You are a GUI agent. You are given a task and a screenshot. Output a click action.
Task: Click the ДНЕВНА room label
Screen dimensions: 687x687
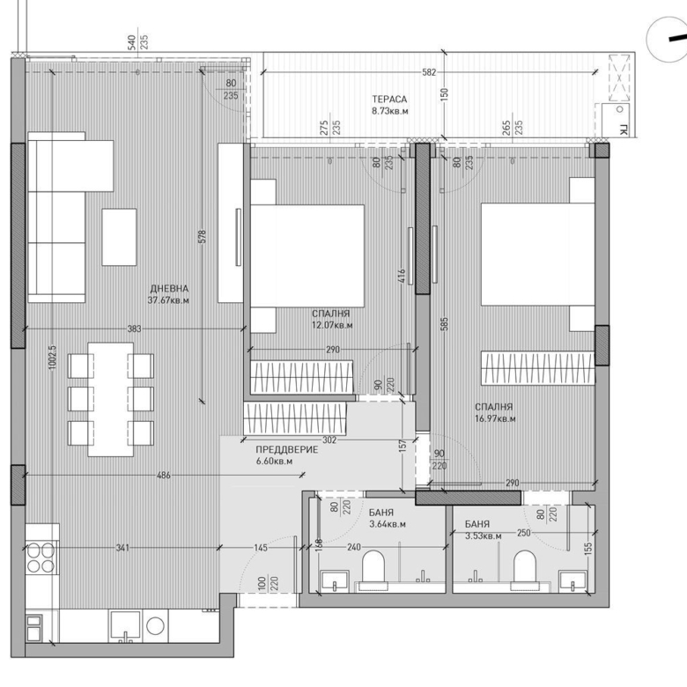pyautogui.click(x=169, y=289)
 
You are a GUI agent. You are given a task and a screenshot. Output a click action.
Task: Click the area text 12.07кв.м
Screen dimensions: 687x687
pyautogui.click(x=331, y=324)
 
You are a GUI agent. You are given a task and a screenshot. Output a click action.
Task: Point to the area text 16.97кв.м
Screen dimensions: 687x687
pyautogui.click(x=495, y=418)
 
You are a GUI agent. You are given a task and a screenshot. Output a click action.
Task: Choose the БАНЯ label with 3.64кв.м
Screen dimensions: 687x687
pyautogui.click(x=382, y=513)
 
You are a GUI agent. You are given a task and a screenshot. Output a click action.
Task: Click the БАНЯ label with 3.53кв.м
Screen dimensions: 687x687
pyautogui.click(x=483, y=523)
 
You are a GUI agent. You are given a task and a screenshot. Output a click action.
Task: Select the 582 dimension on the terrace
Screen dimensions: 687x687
pyautogui.click(x=428, y=72)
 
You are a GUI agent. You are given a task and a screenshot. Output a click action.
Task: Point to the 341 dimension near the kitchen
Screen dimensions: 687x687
pyautogui.click(x=122, y=548)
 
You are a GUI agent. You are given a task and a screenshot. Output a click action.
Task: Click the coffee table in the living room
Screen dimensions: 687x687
pyautogui.click(x=119, y=236)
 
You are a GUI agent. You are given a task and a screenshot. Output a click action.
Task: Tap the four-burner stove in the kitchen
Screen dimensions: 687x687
pyautogui.click(x=41, y=556)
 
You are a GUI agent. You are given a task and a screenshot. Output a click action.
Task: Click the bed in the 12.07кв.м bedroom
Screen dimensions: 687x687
pyautogui.click(x=307, y=255)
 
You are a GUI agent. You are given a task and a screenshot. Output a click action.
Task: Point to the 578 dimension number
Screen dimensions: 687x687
pyautogui.click(x=202, y=238)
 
